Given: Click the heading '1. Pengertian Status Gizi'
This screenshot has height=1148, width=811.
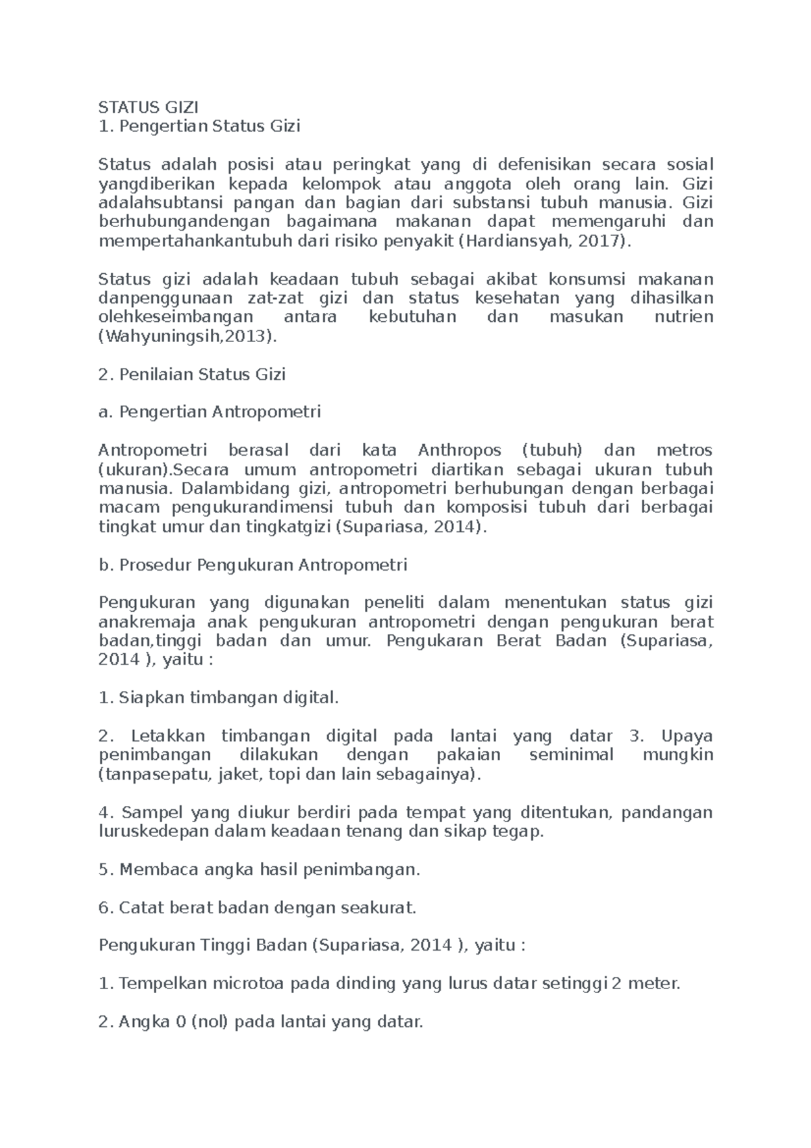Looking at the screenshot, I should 199,126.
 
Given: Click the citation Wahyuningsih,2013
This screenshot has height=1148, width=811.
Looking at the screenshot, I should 187,336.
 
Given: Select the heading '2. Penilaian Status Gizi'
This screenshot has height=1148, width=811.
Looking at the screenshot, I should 192,374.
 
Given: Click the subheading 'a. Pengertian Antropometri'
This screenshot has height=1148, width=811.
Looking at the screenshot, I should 210,412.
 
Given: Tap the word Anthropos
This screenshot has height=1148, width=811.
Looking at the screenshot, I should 460,450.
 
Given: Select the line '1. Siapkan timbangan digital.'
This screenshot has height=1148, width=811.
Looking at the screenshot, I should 218,697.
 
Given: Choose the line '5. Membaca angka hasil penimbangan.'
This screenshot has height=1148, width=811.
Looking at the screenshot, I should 260,869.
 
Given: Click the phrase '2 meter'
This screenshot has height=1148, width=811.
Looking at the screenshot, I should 645,984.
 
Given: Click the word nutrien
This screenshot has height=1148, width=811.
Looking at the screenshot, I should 684,317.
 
